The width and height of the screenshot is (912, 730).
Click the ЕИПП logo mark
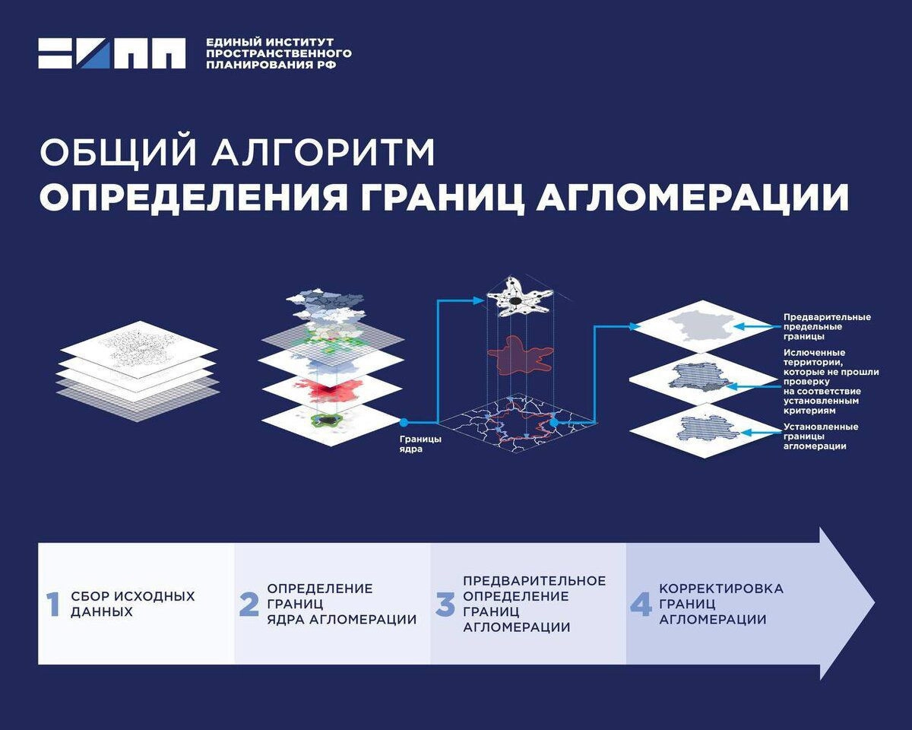pyautogui.click(x=112, y=53)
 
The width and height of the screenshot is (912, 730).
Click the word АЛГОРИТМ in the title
pyautogui.click(x=323, y=152)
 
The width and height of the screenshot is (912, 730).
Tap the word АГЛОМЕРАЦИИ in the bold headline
pyautogui.click(x=692, y=197)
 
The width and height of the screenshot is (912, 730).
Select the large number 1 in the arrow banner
pyautogui.click(x=53, y=604)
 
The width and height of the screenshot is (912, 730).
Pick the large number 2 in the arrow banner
pyautogui.click(x=249, y=604)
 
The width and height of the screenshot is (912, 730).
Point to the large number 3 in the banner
pyautogui.click(x=445, y=604)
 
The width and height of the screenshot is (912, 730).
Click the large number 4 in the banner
pyautogui.click(x=641, y=604)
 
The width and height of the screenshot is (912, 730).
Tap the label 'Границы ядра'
pyautogui.click(x=420, y=443)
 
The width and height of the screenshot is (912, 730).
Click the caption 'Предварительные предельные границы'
pyautogui.click(x=827, y=327)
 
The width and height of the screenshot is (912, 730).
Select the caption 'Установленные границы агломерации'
pyautogui.click(x=821, y=436)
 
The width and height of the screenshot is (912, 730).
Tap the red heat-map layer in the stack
pyautogui.click(x=333, y=390)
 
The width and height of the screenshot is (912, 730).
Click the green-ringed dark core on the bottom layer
pyautogui.click(x=326, y=420)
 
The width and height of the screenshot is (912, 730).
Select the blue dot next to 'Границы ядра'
pyautogui.click(x=404, y=423)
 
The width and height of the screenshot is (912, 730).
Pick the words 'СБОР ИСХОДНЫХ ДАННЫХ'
pyautogui.click(x=133, y=604)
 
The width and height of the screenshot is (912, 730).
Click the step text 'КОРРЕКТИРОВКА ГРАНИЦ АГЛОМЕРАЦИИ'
pyautogui.click(x=721, y=604)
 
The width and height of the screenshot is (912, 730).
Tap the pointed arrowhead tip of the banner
pyautogui.click(x=874, y=603)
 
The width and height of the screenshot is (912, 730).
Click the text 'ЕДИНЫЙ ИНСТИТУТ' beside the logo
pyautogui.click(x=270, y=43)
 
